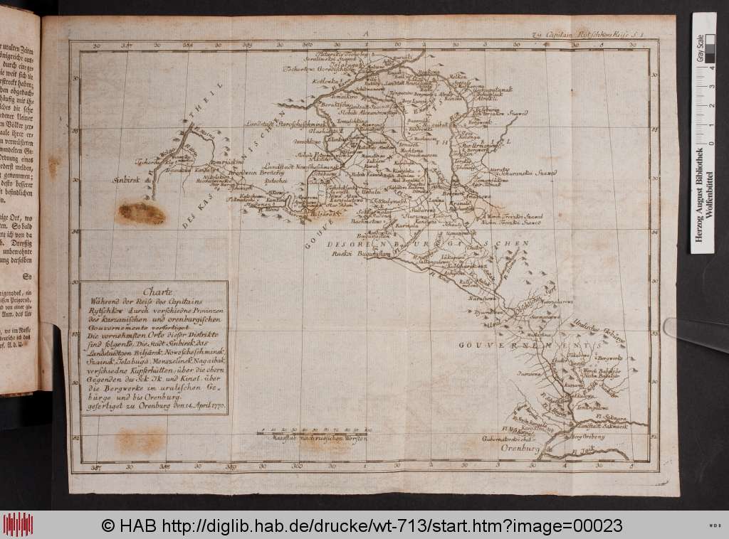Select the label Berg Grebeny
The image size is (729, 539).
589,438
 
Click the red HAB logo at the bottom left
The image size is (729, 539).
17,525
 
